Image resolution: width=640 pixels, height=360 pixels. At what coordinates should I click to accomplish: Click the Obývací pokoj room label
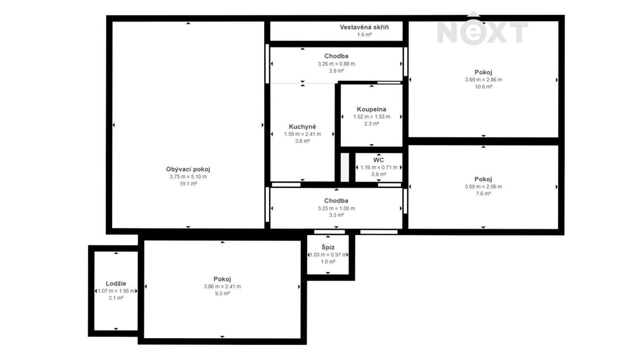pyautogui.click(x=188, y=169)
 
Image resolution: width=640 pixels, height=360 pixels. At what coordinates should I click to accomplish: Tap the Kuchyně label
pyautogui.click(x=303, y=127)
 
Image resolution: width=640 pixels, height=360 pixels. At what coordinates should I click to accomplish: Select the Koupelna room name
pyautogui.click(x=371, y=109)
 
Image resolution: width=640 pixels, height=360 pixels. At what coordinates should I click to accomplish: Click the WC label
pyautogui.click(x=378, y=160)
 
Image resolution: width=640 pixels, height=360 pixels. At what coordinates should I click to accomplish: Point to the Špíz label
pyautogui.click(x=328, y=247)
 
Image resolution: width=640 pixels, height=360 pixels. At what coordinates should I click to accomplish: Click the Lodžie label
pyautogui.click(x=116, y=284)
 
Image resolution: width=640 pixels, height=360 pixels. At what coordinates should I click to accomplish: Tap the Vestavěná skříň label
pyautogui.click(x=364, y=27)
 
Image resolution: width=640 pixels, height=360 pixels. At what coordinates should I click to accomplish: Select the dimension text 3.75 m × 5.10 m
pyautogui.click(x=188, y=177)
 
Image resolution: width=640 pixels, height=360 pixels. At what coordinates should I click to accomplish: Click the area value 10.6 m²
pyautogui.click(x=483, y=87)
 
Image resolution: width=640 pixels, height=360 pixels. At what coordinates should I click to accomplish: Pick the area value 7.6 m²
pyautogui.click(x=483, y=194)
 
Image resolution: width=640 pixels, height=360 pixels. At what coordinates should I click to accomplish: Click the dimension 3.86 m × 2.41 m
pyautogui.click(x=222, y=287)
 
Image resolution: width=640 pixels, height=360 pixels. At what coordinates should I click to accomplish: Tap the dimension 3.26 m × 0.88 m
pyautogui.click(x=336, y=64)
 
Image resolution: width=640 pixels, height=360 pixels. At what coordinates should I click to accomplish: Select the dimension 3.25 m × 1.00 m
pyautogui.click(x=336, y=209)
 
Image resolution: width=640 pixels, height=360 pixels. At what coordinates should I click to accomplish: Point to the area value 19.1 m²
pyautogui.click(x=188, y=184)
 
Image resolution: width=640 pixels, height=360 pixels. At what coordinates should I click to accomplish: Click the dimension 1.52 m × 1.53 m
pyautogui.click(x=371, y=117)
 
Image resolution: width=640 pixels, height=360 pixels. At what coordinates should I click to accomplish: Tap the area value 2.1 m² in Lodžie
pyautogui.click(x=116, y=298)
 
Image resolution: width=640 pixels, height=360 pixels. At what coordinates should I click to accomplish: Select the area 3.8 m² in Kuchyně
pyautogui.click(x=303, y=141)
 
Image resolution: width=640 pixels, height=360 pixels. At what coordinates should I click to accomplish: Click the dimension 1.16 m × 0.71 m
pyautogui.click(x=379, y=168)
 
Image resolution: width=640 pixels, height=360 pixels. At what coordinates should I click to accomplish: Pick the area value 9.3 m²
pyautogui.click(x=222, y=294)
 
